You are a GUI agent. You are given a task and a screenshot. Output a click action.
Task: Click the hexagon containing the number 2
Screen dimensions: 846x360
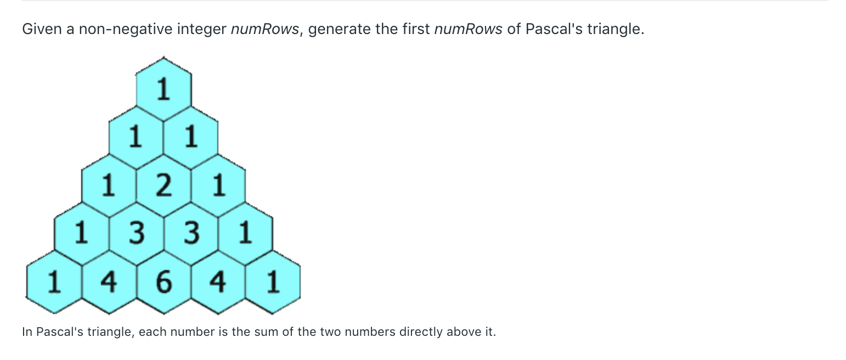point(163,185)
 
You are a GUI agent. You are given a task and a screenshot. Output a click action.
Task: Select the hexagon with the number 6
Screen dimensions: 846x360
point(163,282)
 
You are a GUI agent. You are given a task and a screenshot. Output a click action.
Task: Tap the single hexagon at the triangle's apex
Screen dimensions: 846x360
point(163,89)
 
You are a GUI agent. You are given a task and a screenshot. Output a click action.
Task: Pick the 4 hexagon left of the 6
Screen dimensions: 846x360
point(109,282)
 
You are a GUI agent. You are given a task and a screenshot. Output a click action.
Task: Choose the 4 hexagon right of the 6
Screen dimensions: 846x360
point(218,282)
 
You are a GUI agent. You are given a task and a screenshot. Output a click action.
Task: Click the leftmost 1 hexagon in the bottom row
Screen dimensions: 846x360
point(54,282)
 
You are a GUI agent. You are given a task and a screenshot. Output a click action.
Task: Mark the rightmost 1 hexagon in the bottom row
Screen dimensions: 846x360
point(273,282)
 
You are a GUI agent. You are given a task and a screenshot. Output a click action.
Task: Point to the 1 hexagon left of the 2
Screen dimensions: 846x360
point(109,185)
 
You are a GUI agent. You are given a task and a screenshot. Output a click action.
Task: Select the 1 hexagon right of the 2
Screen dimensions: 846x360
point(218,185)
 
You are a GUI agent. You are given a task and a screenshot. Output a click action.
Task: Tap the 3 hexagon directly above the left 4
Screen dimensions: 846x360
point(137,233)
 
